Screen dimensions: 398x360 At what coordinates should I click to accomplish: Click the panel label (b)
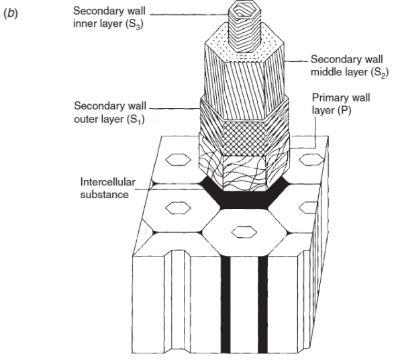point(11,13)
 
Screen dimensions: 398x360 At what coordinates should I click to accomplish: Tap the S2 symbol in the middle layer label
point(380,73)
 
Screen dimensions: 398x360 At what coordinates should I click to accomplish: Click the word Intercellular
point(108,182)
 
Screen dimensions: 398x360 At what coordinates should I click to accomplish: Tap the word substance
point(105,195)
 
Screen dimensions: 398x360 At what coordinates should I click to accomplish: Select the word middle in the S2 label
point(327,72)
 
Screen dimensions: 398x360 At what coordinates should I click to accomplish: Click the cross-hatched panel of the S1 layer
point(245,138)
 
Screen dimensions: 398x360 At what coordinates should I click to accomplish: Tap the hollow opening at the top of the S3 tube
point(244,10)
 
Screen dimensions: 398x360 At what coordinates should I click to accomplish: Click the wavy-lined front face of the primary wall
point(245,173)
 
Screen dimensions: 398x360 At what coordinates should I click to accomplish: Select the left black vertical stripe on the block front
point(226,305)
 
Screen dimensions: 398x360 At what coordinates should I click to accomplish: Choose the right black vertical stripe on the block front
point(262,305)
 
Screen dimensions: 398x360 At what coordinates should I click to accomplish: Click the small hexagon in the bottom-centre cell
point(244,232)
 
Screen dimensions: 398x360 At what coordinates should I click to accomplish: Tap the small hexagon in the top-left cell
point(178,160)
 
